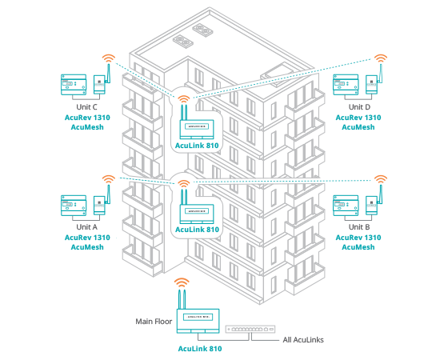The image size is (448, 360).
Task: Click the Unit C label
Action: pos(87,106)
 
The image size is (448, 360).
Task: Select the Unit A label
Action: pos(87,227)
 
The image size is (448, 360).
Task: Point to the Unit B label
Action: pos(358,227)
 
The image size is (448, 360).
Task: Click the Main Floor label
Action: pos(154,321)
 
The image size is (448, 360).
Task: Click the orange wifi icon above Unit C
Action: pos(108,58)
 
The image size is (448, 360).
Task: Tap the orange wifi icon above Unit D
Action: pos(381,58)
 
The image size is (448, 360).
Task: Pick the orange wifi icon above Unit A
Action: pos(108,179)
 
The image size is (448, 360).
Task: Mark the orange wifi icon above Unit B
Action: pos(381,179)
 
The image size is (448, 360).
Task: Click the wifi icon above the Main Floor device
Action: pos(182,282)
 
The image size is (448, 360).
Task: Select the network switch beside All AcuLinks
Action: pos(251,328)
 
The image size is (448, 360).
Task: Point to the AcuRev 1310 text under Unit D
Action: pos(358,117)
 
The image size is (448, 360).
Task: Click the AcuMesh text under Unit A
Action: pos(87,247)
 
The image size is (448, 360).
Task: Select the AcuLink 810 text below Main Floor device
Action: pos(199,349)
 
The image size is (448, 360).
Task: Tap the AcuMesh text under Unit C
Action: pos(87,126)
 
